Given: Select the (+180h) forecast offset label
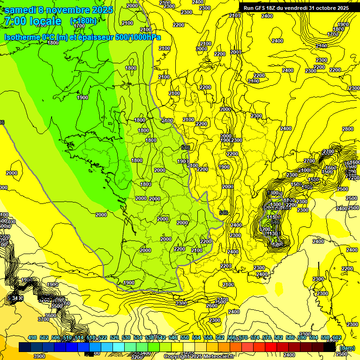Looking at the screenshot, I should (x=83, y=21).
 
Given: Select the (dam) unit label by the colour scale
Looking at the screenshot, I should (x=346, y=348).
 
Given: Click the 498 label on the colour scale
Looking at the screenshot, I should (x=32, y=337).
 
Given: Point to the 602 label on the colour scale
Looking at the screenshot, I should (x=336, y=337).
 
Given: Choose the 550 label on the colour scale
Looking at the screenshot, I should (x=184, y=337).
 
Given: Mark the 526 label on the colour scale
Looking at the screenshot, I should (x=114, y=337).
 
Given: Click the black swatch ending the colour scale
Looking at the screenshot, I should (x=330, y=347).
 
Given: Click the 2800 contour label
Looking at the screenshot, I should (x=347, y=129).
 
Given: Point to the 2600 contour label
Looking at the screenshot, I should (x=212, y=306).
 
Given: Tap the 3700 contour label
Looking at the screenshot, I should (x=43, y=319).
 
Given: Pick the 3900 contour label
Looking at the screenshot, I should (x=39, y=356).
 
